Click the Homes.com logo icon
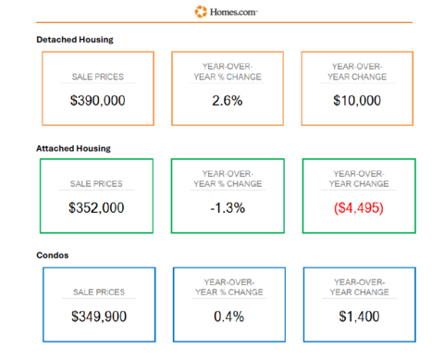202,11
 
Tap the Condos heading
52,255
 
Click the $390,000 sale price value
97,100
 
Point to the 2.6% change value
228,100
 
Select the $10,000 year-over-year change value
357,100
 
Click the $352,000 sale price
97,208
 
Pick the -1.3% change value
228,208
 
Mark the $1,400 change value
358,317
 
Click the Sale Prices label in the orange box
97,77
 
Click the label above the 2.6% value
228,72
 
